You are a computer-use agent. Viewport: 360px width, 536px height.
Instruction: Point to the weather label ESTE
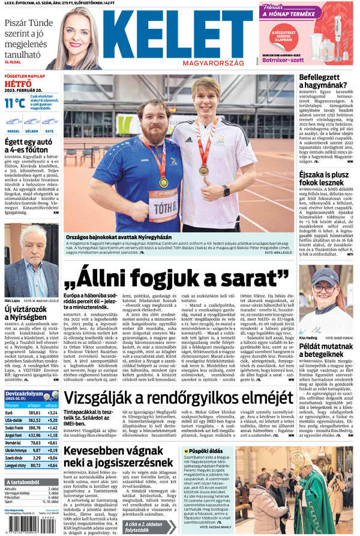pos(49,130)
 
